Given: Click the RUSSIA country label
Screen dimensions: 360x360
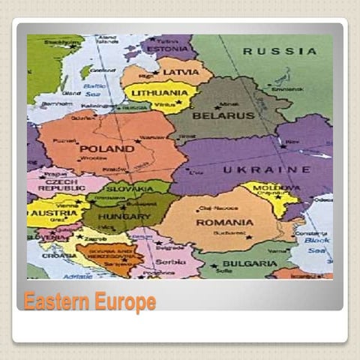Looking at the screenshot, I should (279, 51).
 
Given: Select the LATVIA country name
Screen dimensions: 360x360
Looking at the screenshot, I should (181, 72).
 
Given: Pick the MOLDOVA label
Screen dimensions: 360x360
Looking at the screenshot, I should (267, 187).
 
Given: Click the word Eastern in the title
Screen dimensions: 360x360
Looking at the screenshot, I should (55, 302).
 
